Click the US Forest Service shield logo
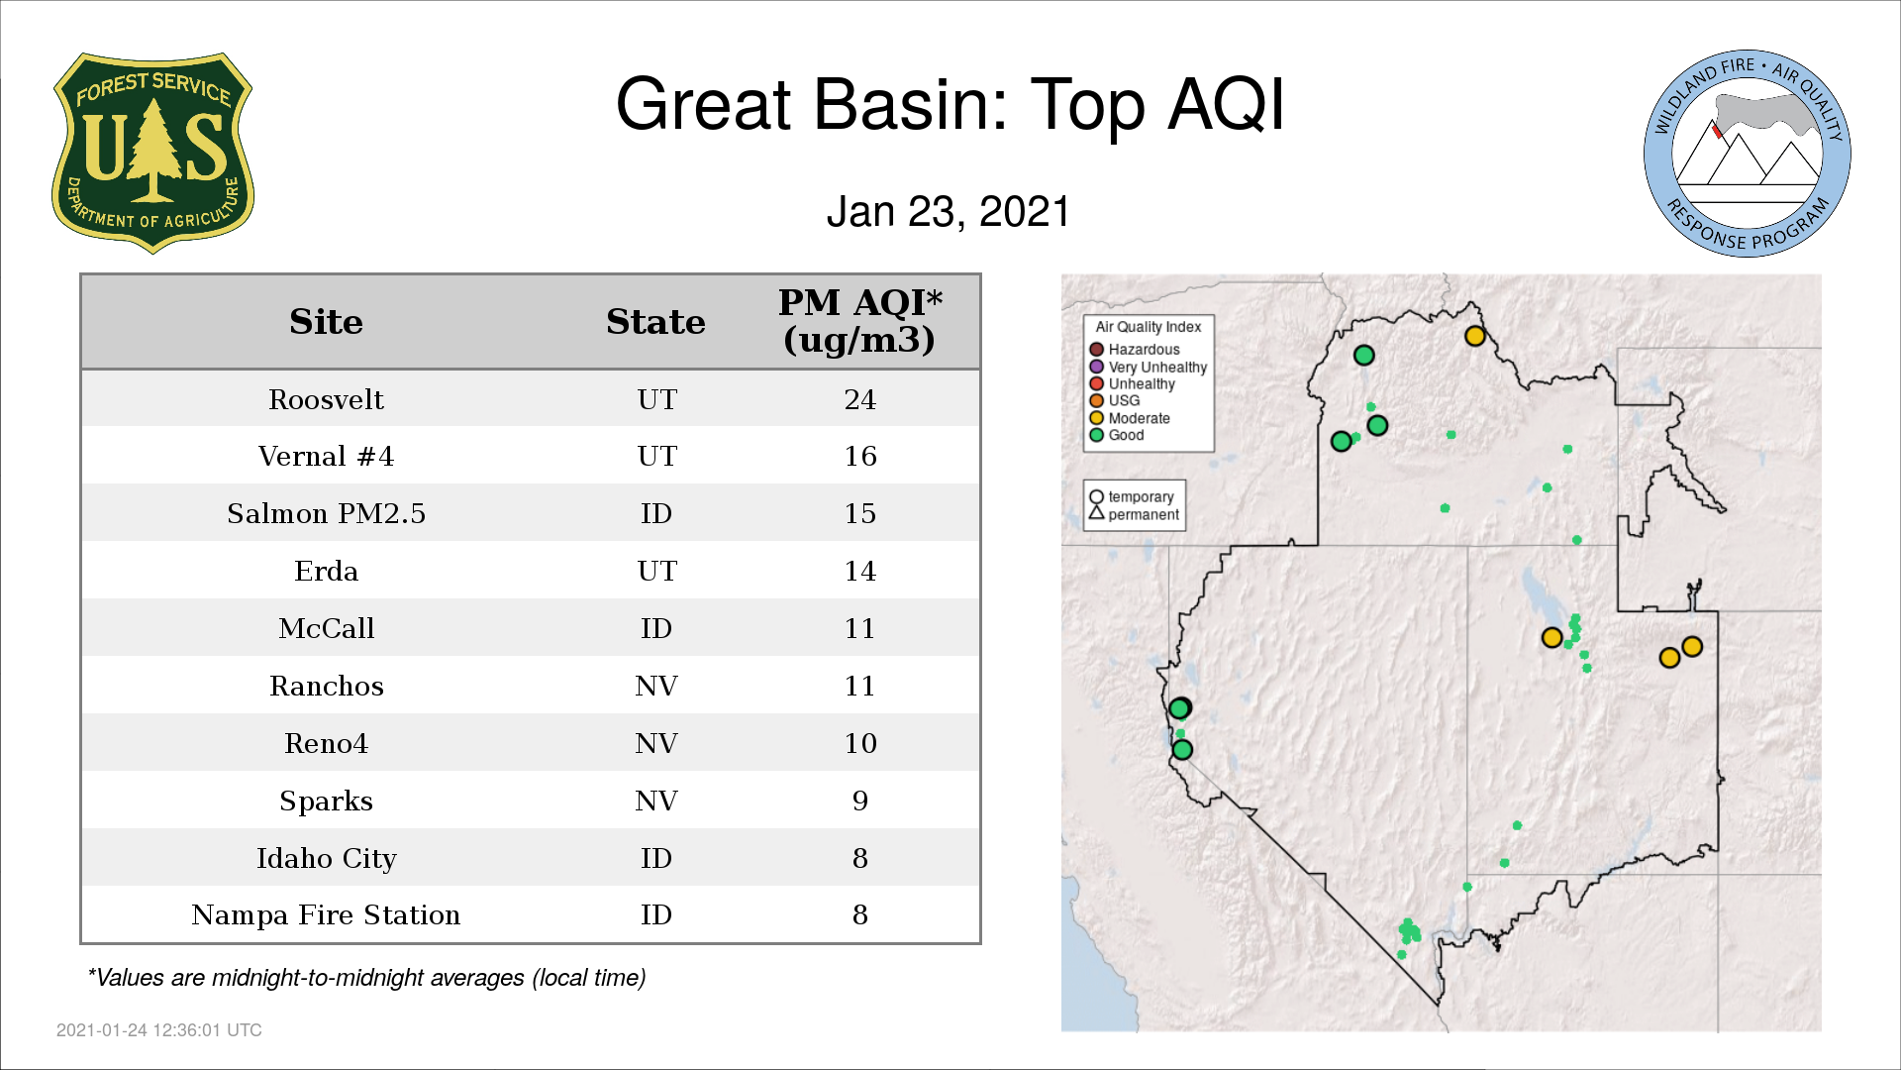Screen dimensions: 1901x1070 (x=152, y=154)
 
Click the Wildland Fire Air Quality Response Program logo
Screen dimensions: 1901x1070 (x=1748, y=154)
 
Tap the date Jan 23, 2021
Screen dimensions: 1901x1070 (x=949, y=212)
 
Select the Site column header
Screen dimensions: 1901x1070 (x=326, y=322)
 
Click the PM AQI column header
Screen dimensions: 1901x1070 (x=859, y=321)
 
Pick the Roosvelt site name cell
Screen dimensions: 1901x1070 (x=326, y=399)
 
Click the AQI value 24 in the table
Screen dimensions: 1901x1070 (x=859, y=399)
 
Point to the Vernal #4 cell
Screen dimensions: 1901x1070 (x=326, y=457)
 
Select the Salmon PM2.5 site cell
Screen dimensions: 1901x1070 (x=326, y=513)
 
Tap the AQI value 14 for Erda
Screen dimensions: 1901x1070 (x=859, y=571)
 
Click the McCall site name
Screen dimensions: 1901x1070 (x=326, y=628)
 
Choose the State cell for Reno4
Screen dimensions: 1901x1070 (x=656, y=743)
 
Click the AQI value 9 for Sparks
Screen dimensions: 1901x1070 (x=859, y=801)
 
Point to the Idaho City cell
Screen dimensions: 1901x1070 (x=326, y=858)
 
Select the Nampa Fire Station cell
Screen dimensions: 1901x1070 (x=326, y=914)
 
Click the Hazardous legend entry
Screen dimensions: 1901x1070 (x=1135, y=350)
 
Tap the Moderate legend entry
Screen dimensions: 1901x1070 (x=1130, y=418)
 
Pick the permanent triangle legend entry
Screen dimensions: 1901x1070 (x=1134, y=514)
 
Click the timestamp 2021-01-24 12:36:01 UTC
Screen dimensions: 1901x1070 (x=159, y=1030)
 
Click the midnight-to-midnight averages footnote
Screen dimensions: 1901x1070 (x=366, y=978)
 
